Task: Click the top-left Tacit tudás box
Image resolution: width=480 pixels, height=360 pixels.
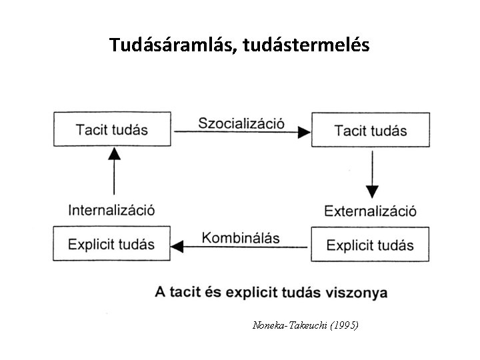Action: point(113,129)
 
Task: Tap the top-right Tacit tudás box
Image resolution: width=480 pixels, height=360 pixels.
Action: point(371,130)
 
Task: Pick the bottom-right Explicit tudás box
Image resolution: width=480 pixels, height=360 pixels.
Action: point(370,245)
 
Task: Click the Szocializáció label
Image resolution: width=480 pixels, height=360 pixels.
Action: point(241,123)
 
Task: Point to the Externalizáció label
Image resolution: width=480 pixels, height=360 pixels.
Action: point(371,211)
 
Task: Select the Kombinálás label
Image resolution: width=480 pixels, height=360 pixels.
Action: point(241,238)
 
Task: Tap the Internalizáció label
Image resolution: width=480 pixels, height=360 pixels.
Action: point(112,210)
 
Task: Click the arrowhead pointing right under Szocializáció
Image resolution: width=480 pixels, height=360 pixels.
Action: point(303,133)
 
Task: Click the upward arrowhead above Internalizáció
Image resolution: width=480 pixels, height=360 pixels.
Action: point(115,154)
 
